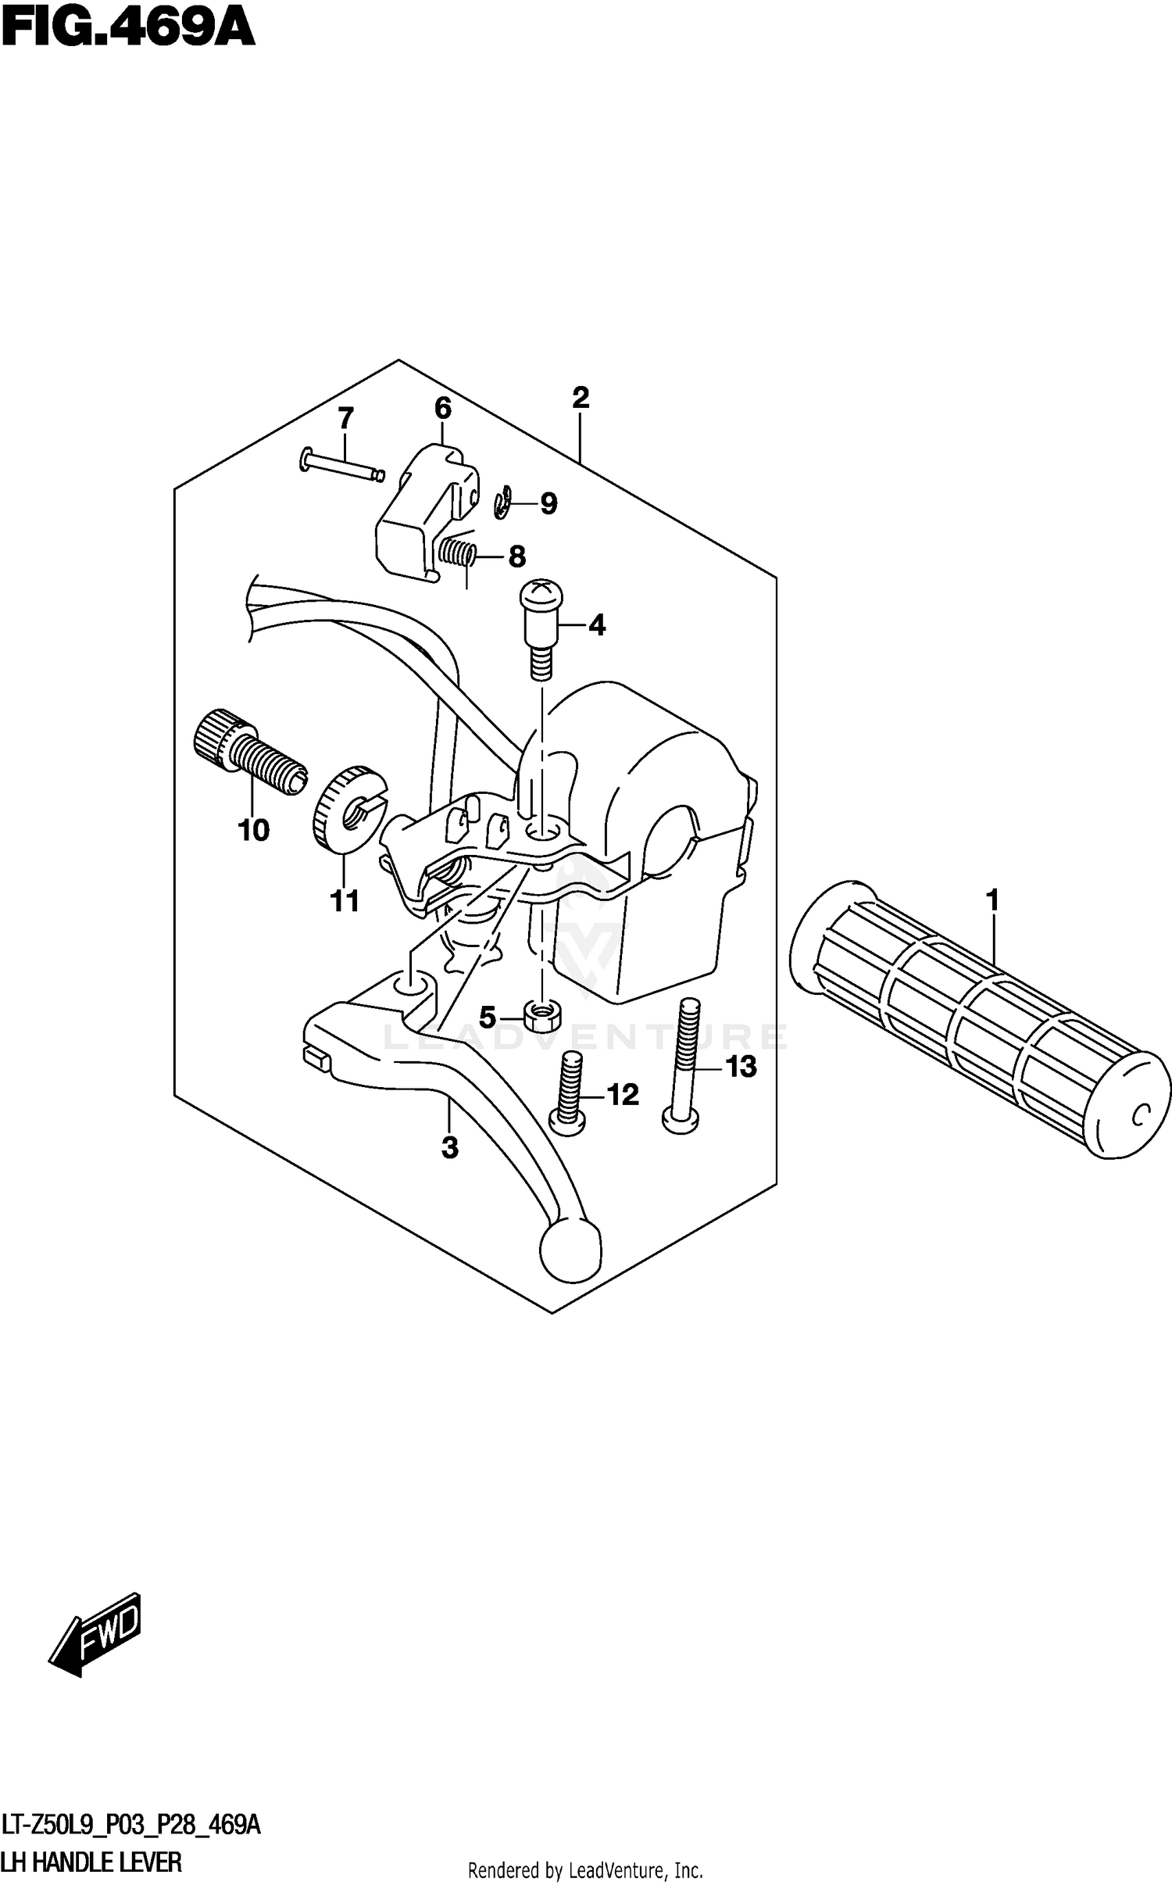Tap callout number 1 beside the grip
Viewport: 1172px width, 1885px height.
coord(992,900)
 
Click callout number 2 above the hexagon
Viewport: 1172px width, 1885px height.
coord(580,398)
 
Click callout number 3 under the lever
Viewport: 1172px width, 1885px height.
coord(449,1147)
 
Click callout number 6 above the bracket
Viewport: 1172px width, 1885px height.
coord(442,408)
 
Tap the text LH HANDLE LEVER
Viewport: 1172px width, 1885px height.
coord(91,1862)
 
